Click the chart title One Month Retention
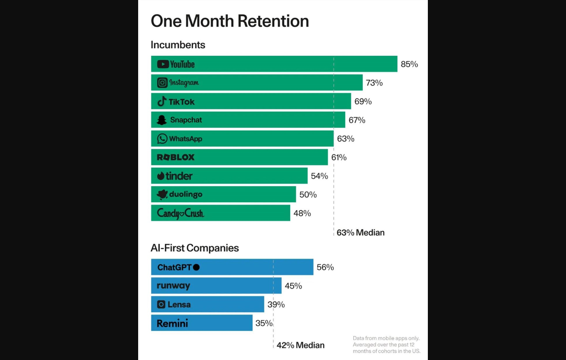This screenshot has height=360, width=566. coord(229,21)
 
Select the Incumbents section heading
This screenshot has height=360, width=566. coord(178,45)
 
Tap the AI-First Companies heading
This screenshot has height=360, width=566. coord(195,248)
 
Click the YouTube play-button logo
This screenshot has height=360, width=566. coord(163,64)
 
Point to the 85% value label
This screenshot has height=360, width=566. coord(409,64)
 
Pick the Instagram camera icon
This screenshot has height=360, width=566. coord(163,83)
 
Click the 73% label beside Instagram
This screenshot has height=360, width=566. coord(374,83)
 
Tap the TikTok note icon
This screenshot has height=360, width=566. coord(162,101)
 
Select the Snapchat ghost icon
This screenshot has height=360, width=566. coord(162,120)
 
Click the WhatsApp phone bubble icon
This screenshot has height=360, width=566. coord(163,139)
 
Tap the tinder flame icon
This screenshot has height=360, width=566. coord(161,176)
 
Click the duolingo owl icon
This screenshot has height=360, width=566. coord(162,194)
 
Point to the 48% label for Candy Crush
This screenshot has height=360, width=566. coord(302,213)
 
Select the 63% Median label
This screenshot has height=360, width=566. coord(360,233)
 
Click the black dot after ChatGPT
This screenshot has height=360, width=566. coord(196,267)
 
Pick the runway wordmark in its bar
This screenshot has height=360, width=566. coord(174,286)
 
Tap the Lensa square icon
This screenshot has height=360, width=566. coord(161,305)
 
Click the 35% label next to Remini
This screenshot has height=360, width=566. coord(264,323)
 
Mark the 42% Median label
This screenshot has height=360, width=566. coord(300,345)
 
